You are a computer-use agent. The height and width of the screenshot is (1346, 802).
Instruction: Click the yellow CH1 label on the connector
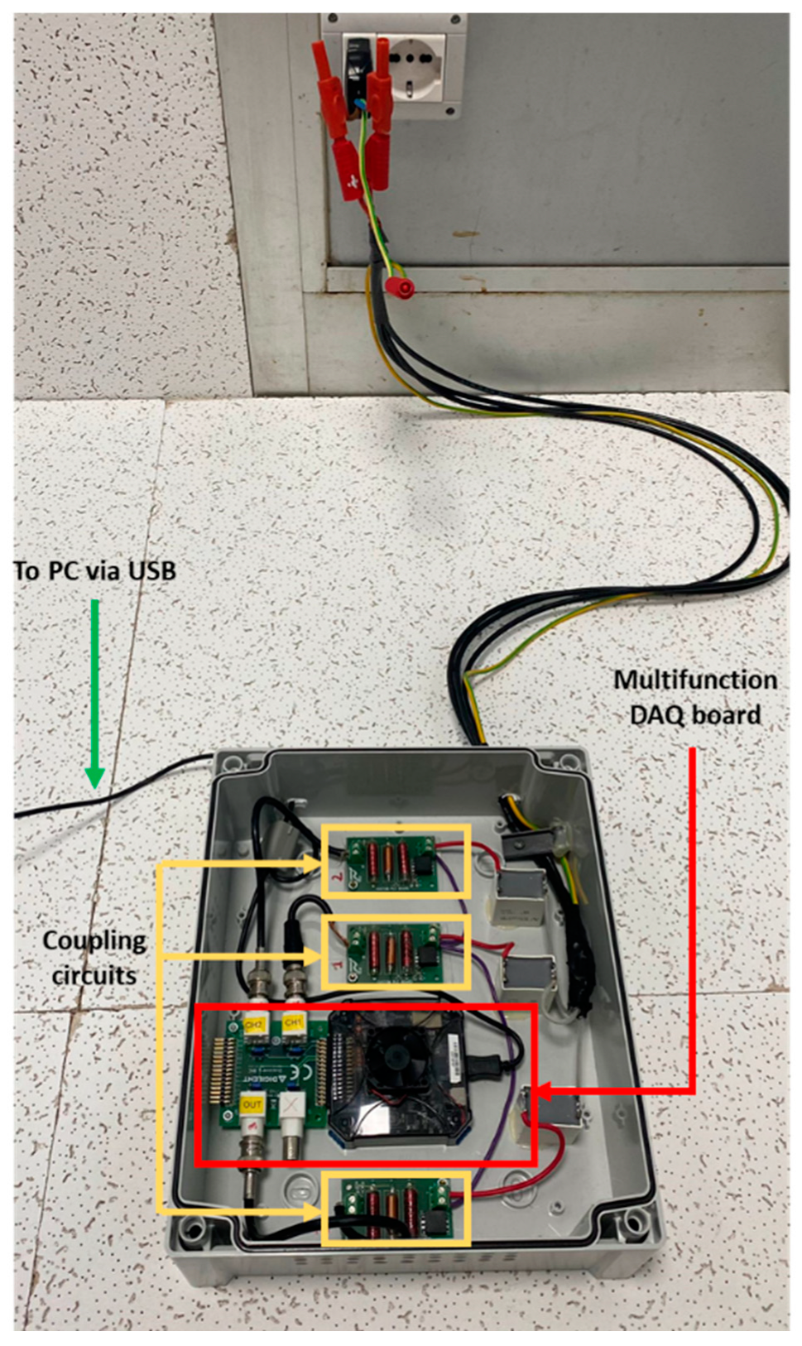(293, 1023)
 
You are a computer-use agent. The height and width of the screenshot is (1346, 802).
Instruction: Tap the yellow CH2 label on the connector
(254, 1024)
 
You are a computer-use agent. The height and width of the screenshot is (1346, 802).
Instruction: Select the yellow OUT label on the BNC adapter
(252, 1104)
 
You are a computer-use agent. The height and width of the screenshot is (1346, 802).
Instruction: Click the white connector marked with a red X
(291, 1106)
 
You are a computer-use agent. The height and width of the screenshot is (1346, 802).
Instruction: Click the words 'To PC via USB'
(94, 570)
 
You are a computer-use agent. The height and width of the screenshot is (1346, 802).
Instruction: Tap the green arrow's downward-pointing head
(95, 778)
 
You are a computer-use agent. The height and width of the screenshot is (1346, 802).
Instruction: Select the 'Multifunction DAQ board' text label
(695, 697)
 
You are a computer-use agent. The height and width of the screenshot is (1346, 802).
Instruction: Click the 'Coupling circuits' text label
(94, 958)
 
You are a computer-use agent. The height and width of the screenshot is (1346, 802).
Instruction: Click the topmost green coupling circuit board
(393, 862)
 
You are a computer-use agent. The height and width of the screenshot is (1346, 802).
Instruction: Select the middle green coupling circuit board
(394, 951)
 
